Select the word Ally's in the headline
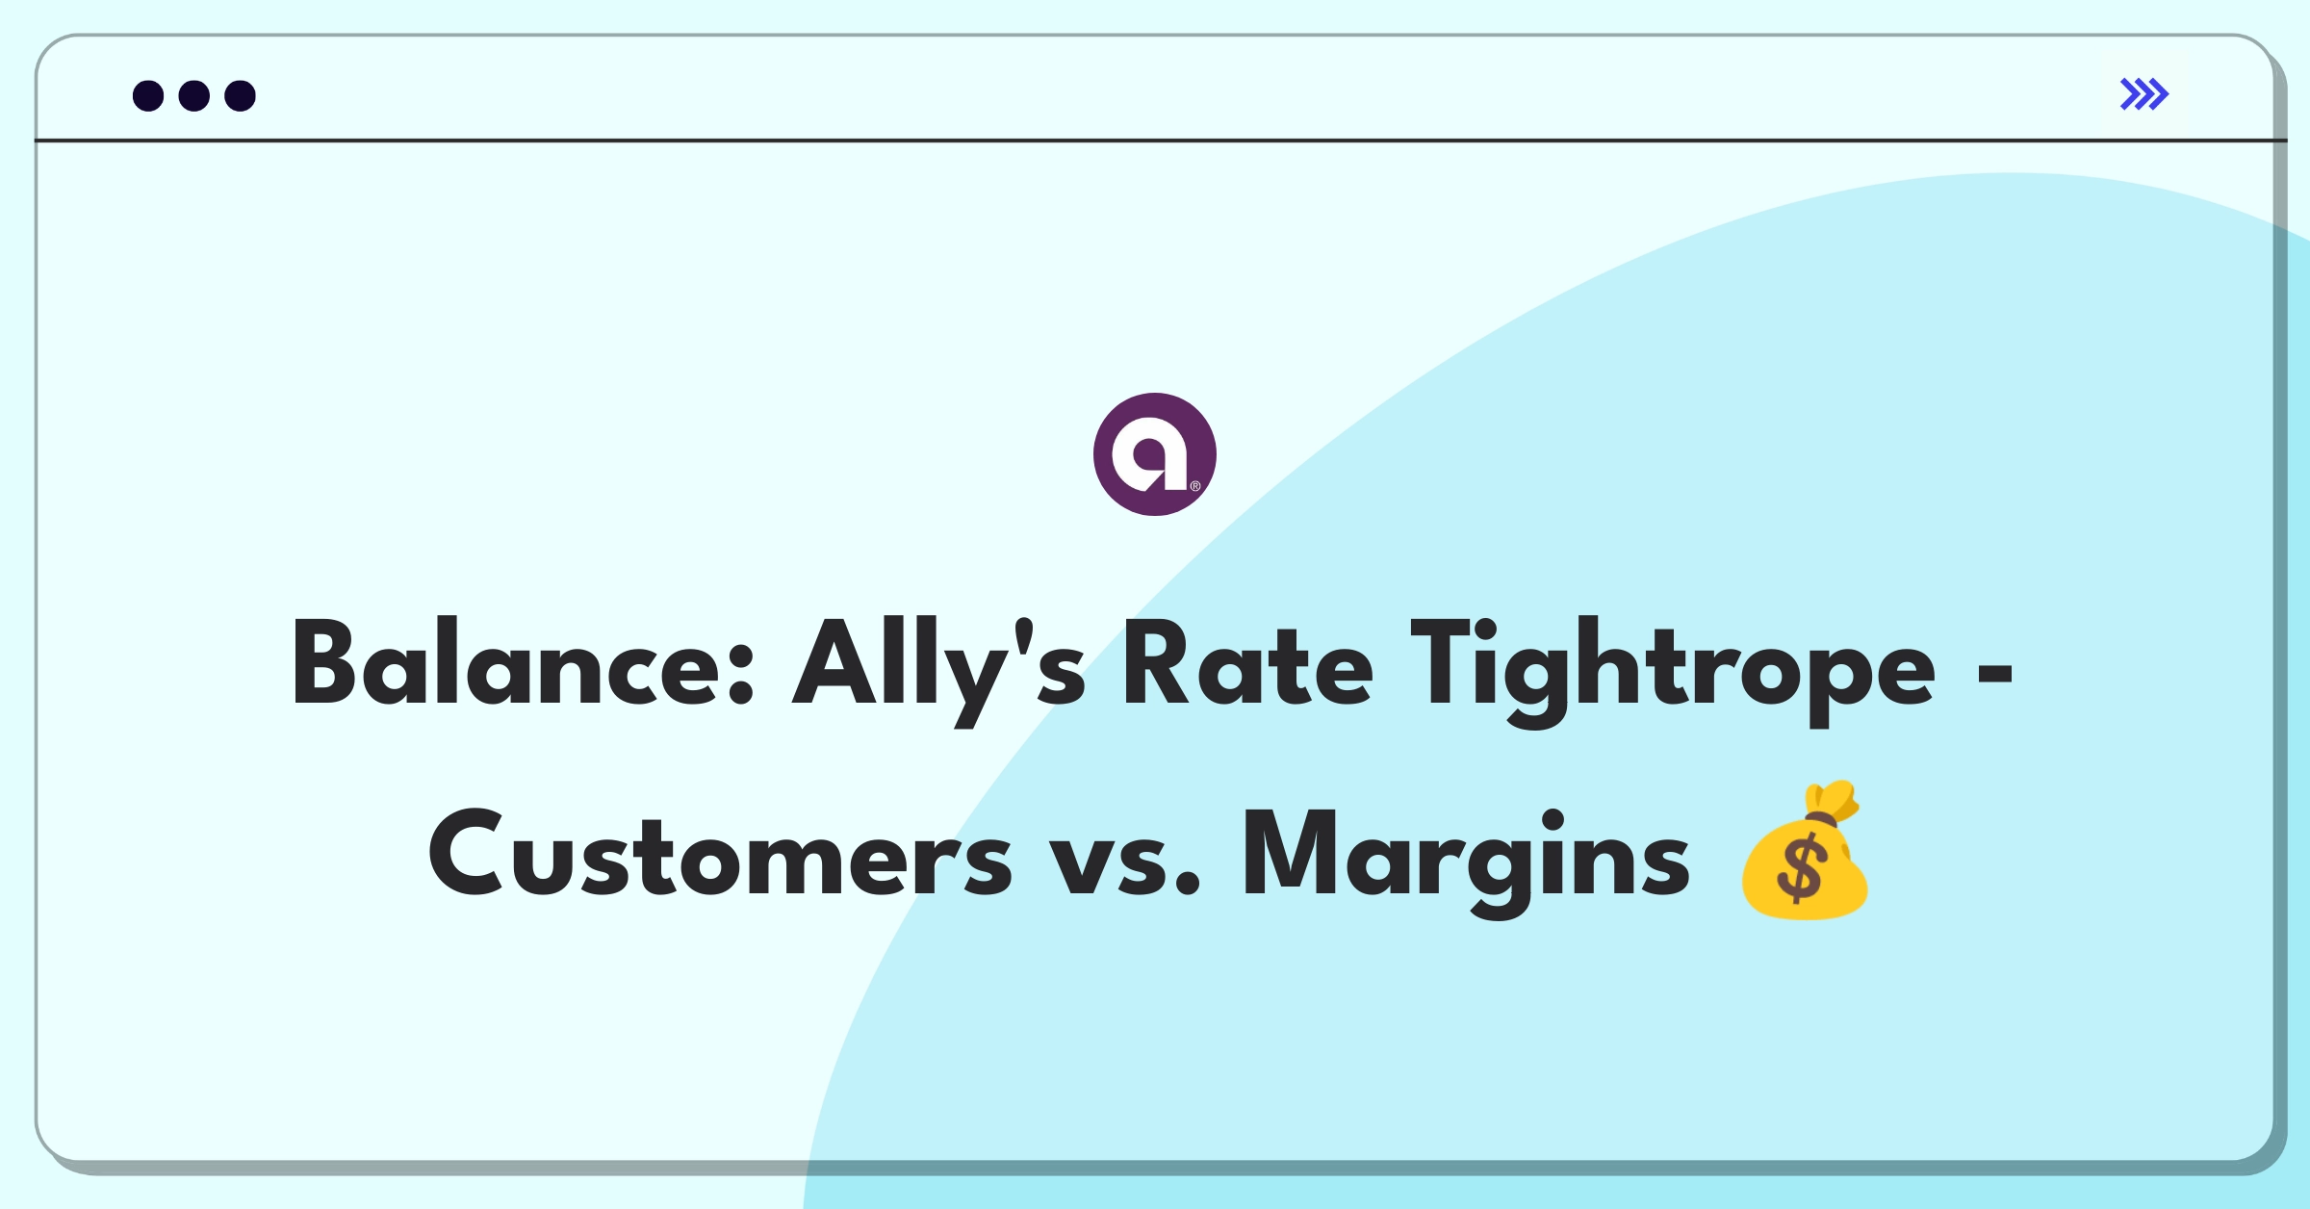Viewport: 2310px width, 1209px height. click(939, 670)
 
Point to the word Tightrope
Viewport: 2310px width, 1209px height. click(1673, 670)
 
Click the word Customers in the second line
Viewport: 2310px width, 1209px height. click(720, 854)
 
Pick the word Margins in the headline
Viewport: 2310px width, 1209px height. click(1466, 859)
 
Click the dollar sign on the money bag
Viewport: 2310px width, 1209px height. click(1800, 869)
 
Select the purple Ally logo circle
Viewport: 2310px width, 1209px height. click(1155, 454)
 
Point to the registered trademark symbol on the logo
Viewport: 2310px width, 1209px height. click(1195, 486)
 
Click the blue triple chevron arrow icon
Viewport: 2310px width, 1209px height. click(2144, 94)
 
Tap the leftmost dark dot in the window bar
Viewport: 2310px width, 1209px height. click(148, 95)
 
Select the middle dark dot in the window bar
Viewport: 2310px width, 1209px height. click(194, 95)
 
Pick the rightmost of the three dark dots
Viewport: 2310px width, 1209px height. click(241, 95)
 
